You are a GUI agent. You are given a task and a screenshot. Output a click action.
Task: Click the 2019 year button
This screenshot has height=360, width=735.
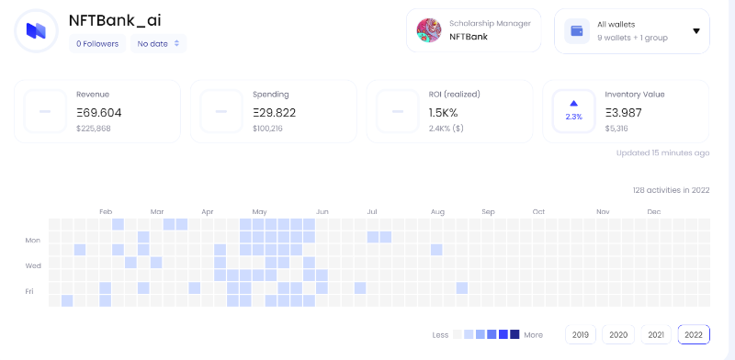pyautogui.click(x=581, y=334)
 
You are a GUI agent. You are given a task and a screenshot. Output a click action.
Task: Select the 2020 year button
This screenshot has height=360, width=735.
pyautogui.click(x=618, y=334)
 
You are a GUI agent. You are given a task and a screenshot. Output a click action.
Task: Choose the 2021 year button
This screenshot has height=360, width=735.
pyautogui.click(x=656, y=334)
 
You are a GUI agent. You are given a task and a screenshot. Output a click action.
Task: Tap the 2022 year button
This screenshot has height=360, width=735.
pyautogui.click(x=694, y=334)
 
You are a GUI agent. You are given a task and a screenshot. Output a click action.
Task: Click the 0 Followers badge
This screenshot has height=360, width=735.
pyautogui.click(x=97, y=43)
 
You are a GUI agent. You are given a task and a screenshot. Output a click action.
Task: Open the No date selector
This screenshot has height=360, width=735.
pyautogui.click(x=158, y=43)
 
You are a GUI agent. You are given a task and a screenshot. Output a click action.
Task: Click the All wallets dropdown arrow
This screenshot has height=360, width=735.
pyautogui.click(x=696, y=31)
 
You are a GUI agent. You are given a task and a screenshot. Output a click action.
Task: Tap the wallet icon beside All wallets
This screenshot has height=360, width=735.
pyautogui.click(x=577, y=31)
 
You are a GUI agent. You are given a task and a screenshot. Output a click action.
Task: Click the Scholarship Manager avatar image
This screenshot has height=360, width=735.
pyautogui.click(x=429, y=30)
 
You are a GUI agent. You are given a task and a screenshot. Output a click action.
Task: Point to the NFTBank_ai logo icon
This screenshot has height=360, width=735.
pyautogui.click(x=36, y=31)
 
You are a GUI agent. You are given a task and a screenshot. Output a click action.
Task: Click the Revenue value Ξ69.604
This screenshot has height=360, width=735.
pyautogui.click(x=99, y=113)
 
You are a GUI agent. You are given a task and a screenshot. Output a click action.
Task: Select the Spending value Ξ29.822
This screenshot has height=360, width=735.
pyautogui.click(x=274, y=113)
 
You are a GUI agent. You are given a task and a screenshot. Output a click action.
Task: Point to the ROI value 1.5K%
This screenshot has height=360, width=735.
pyautogui.click(x=443, y=113)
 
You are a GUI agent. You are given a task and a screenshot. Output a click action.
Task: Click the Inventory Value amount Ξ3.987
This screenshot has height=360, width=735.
pyautogui.click(x=624, y=113)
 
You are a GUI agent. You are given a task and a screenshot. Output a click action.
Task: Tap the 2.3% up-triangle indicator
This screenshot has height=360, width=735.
pyautogui.click(x=573, y=104)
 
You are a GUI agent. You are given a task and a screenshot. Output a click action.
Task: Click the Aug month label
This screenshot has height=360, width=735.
pyautogui.click(x=437, y=212)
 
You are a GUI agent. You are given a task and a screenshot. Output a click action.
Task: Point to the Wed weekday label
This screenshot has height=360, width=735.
pyautogui.click(x=33, y=265)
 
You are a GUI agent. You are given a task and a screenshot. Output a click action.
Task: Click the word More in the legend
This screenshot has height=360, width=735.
pyautogui.click(x=534, y=334)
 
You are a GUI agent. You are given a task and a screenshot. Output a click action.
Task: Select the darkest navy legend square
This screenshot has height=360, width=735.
pyautogui.click(x=514, y=334)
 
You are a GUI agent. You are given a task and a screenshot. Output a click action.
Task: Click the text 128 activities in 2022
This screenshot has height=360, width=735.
pyautogui.click(x=672, y=190)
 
